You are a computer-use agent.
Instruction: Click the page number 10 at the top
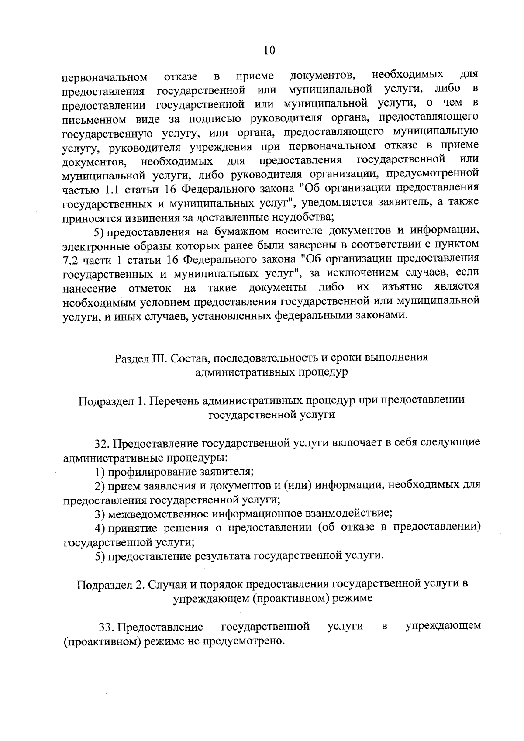click(269, 51)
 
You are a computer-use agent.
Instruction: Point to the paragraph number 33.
click(107, 627)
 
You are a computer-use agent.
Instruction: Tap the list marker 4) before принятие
click(100, 528)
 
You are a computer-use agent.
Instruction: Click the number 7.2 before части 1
click(70, 260)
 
